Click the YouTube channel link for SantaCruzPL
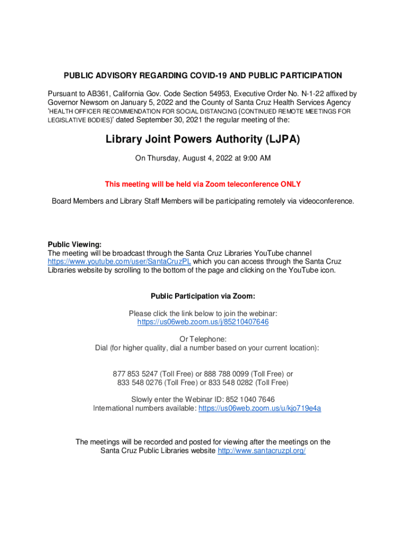(120, 261)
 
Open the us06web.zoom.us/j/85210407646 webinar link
(203, 321)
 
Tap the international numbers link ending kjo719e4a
(259, 408)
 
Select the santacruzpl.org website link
(262, 451)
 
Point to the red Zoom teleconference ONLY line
(203, 184)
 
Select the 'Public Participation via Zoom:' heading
(203, 296)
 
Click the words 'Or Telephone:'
(203, 339)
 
